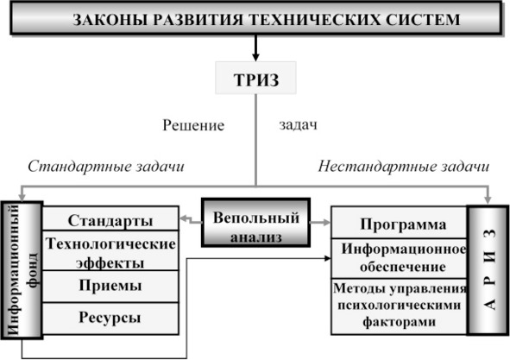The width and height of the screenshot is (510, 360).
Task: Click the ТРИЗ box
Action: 255,78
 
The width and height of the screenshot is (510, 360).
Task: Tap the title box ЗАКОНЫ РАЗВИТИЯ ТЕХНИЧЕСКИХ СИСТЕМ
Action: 255,18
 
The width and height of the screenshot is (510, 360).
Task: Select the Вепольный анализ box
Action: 255,223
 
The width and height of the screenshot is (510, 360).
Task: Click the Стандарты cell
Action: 110,218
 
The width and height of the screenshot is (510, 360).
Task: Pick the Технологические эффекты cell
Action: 110,250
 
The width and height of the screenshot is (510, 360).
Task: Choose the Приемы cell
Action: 110,287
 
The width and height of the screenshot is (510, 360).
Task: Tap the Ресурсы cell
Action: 110,319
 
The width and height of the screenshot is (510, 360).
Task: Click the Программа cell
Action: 399,223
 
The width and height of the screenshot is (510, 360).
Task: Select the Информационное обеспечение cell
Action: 399,258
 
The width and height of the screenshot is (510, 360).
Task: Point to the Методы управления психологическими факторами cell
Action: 399,306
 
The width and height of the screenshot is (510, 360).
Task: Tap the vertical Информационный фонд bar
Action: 22,270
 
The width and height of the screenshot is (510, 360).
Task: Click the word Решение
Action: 193,125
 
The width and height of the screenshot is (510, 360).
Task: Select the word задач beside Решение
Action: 298,125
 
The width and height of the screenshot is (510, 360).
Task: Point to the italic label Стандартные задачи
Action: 106,167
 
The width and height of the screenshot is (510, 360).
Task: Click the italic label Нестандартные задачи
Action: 404,167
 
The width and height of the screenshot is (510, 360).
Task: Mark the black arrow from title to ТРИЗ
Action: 255,47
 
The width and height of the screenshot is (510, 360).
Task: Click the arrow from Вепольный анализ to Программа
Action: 320,223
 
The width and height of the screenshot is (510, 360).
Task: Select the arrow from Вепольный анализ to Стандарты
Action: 191,219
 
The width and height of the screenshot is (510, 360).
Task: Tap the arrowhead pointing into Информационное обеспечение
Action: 328,258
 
